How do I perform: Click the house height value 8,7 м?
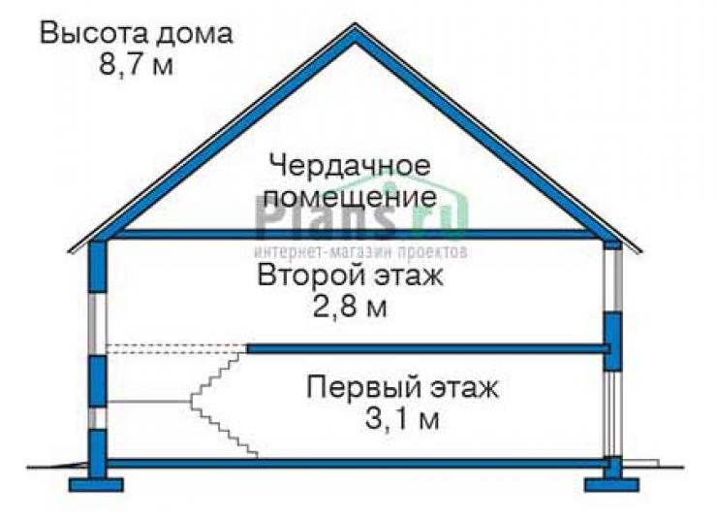[x=136, y=64]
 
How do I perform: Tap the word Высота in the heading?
[x=92, y=33]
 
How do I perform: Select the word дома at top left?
[x=194, y=35]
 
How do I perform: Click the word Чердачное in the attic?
[x=350, y=165]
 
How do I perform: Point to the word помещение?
[x=351, y=198]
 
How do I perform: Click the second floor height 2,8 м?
[x=350, y=307]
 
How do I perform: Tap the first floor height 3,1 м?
[x=402, y=418]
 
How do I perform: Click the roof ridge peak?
[x=355, y=25]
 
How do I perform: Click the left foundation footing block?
[x=96, y=484]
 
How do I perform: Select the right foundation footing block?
[x=611, y=484]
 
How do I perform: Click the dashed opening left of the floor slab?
[x=176, y=349]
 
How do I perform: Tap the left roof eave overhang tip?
[x=70, y=251]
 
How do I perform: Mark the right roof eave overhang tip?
[x=641, y=251]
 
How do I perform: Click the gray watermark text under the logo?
[x=361, y=252]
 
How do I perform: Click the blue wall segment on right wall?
[x=612, y=342]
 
